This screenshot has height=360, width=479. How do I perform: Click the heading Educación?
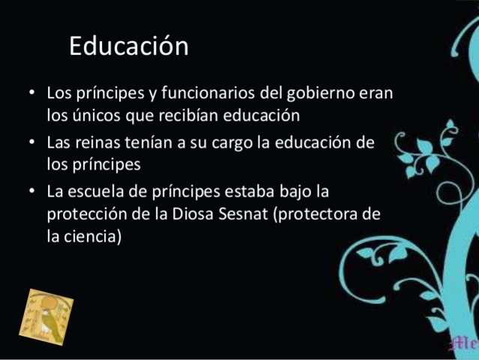(129, 46)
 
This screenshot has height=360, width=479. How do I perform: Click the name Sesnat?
(249, 214)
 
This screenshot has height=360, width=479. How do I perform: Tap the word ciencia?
(96, 238)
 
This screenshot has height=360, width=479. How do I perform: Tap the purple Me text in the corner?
(466, 344)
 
